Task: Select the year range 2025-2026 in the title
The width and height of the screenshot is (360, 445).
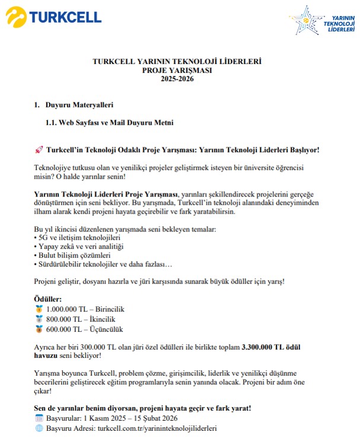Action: point(177,79)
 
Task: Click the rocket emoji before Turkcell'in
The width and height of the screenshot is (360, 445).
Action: point(39,150)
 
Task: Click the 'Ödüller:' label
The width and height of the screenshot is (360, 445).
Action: point(49,300)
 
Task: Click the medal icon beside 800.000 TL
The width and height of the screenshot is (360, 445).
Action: point(39,319)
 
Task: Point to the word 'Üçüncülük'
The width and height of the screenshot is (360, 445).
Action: point(107,329)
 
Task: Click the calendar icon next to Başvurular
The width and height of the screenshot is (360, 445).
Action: point(39,418)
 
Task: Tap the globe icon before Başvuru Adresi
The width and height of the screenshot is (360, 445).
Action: point(39,428)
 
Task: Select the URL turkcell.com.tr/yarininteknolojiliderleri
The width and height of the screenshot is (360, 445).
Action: point(160,428)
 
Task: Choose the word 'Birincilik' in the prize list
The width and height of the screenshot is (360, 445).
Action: point(107,309)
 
